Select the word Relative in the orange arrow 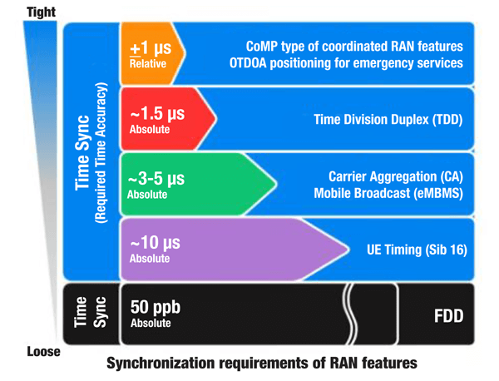148,62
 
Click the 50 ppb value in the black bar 156,307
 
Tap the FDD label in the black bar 446,316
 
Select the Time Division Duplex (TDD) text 387,120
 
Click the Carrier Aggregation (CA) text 395,177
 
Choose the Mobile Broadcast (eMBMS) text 388,194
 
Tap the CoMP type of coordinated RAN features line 355,45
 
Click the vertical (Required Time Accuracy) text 102,154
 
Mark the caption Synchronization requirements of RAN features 261,364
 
